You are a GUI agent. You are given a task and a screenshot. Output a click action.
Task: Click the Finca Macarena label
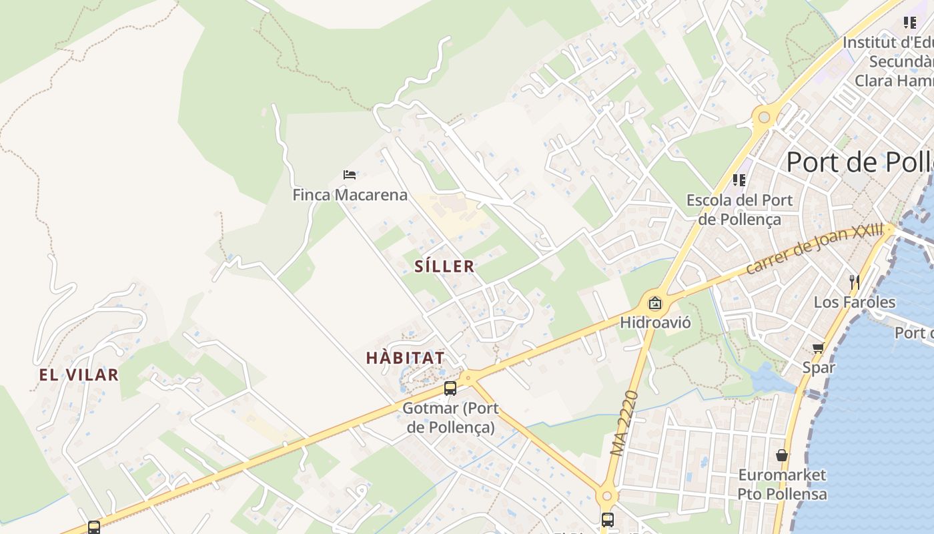tap(350, 195)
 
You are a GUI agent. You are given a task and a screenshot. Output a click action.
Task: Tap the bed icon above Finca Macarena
tap(350, 175)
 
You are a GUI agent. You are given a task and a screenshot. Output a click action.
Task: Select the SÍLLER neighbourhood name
tap(444, 266)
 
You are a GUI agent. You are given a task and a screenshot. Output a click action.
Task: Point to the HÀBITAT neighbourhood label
tap(405, 358)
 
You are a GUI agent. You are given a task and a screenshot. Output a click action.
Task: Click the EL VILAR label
tap(79, 375)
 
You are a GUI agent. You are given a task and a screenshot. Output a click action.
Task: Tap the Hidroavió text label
tap(655, 323)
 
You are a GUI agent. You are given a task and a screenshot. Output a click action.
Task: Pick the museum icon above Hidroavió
tap(655, 303)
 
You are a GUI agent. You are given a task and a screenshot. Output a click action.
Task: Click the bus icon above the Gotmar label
tap(450, 388)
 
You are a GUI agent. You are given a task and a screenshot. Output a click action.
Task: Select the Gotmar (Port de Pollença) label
tap(450, 417)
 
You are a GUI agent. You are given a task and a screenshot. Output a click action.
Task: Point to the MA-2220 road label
tap(624, 423)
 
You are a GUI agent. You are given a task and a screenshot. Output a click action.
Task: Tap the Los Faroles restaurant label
tap(854, 302)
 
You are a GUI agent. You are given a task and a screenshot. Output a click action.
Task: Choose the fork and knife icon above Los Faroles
tap(854, 282)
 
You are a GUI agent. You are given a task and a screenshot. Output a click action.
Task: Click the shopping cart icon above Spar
tap(818, 347)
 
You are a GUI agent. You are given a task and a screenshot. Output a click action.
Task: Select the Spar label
tap(818, 366)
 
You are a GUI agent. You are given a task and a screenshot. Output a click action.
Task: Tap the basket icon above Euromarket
tap(782, 455)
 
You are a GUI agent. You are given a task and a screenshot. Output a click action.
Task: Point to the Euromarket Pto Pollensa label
tap(782, 485)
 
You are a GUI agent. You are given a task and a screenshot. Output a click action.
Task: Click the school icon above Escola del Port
tap(739, 180)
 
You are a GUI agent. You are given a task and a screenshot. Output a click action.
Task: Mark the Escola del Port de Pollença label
tap(739, 209)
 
